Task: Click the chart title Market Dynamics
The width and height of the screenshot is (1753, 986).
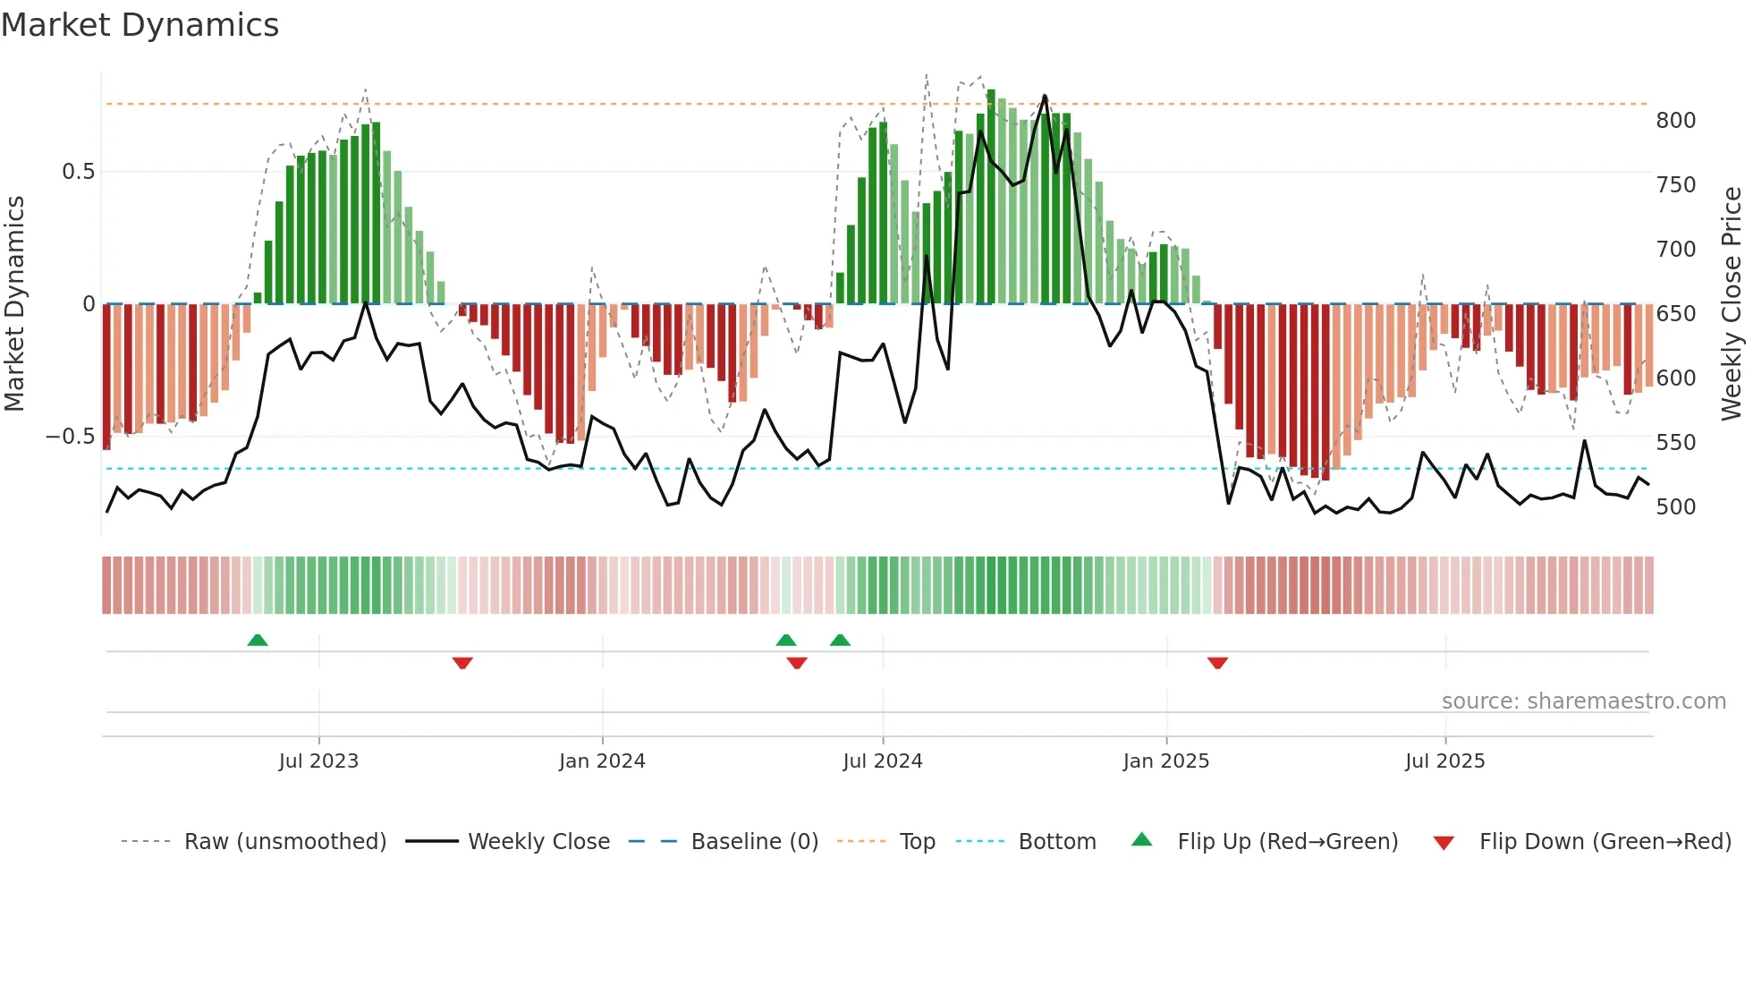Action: [140, 25]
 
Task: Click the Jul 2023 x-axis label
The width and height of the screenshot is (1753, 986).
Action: [318, 761]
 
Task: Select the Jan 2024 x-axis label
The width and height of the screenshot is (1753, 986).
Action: [602, 761]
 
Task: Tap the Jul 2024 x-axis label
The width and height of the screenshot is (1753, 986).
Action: [882, 761]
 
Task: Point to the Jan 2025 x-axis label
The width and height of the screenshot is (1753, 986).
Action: [1165, 761]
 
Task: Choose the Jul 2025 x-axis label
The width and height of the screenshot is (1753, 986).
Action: [1444, 761]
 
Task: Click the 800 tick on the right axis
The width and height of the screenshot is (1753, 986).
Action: [1675, 121]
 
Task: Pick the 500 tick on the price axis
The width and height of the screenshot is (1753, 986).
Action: [1675, 507]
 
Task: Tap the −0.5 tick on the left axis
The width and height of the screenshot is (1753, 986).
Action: [70, 437]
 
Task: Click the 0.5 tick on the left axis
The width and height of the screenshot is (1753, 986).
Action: [78, 172]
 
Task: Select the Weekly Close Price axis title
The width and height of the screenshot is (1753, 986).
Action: [1732, 304]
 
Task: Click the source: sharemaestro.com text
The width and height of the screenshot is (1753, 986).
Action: [1583, 701]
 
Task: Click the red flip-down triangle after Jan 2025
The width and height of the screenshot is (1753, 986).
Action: [1217, 663]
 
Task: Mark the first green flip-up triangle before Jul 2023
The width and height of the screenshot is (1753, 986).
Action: [258, 640]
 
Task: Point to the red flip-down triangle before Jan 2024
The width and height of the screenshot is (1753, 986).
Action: [462, 663]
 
